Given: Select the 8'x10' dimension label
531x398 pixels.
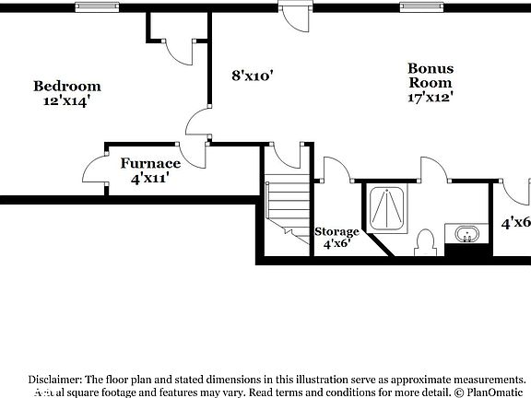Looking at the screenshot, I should pyautogui.click(x=252, y=76).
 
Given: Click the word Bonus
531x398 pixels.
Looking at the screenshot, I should pyautogui.click(x=431, y=67).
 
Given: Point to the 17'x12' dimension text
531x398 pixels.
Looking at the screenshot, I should pyautogui.click(x=431, y=95).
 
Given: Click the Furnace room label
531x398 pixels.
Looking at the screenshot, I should pyautogui.click(x=149, y=163).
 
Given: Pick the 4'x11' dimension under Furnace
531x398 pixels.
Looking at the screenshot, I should pyautogui.click(x=149, y=178).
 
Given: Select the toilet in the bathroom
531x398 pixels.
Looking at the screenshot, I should pyautogui.click(x=425, y=242).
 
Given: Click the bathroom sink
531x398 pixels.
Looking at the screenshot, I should pyautogui.click(x=466, y=234).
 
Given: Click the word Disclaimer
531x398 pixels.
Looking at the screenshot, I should pyautogui.click(x=55, y=379).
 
